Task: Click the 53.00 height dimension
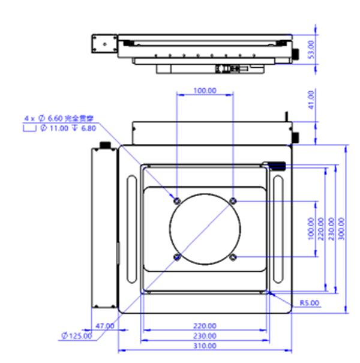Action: (310, 49)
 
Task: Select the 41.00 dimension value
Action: (310, 100)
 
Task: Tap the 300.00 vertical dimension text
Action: (341, 229)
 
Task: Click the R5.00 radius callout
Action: (310, 303)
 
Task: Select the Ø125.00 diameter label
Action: (77, 335)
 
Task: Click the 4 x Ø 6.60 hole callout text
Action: (58, 118)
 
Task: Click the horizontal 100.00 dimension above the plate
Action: (204, 91)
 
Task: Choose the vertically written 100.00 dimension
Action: (310, 229)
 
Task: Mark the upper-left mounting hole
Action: (176, 199)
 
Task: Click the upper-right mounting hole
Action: (233, 199)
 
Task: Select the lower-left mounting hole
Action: (176, 257)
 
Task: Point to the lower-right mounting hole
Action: (233, 257)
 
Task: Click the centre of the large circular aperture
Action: (205, 228)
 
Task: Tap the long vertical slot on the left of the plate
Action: (131, 228)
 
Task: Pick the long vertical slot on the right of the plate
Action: (278, 228)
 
